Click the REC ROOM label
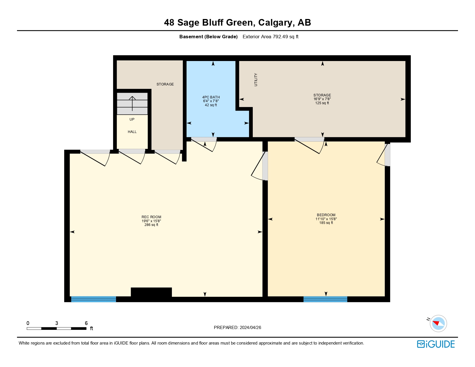[151, 217]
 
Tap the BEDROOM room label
[326, 215]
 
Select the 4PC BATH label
[211, 97]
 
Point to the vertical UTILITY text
[256, 80]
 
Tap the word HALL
[132, 132]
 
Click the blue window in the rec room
[94, 299]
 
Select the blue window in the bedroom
[325, 299]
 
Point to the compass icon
[438, 323]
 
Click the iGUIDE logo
[436, 344]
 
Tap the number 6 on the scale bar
[86, 323]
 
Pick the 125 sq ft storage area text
[322, 103]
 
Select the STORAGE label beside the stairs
[165, 84]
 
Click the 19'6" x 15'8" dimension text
[151, 221]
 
